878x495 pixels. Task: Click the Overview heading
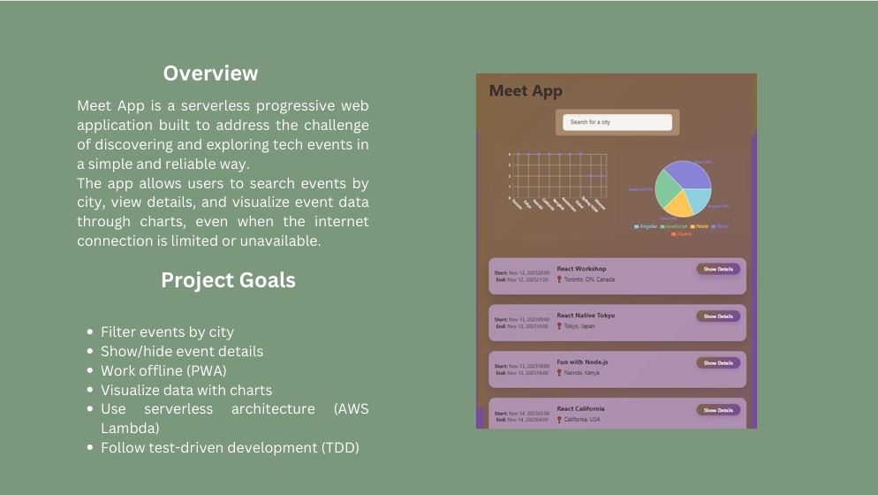[210, 73]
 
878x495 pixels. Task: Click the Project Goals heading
[228, 280]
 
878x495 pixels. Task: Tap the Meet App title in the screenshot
[526, 91]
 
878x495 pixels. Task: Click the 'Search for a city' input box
[617, 122]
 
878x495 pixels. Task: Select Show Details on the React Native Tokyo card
[717, 316]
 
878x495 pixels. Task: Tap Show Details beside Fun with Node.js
[717, 363]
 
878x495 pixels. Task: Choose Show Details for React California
[717, 410]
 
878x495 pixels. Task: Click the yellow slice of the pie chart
[678, 205]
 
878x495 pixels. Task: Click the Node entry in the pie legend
[700, 226]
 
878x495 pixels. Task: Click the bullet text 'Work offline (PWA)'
[163, 370]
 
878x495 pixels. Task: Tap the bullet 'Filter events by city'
[167, 331]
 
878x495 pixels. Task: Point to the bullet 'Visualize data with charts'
[186, 390]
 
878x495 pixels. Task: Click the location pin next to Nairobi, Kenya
[559, 373]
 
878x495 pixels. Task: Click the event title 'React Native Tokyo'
[586, 316]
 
